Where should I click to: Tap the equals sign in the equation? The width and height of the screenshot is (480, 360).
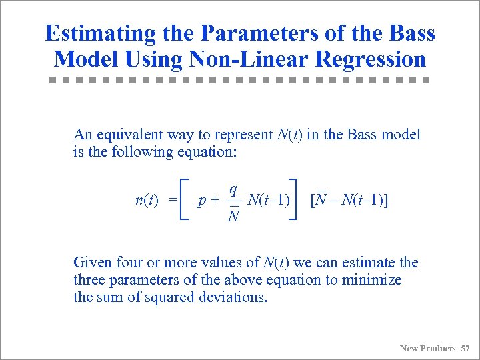tap(172, 199)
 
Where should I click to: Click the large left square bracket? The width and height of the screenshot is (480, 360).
tap(185, 199)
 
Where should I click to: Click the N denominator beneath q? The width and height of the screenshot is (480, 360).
tap(233, 216)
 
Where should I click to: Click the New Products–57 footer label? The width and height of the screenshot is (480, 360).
tap(434, 348)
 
